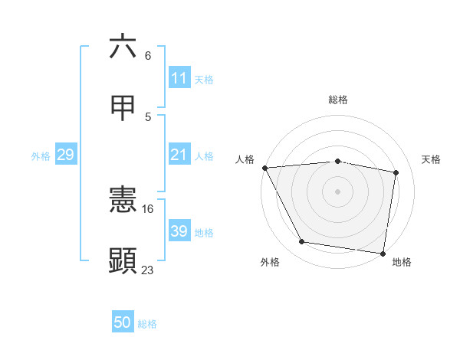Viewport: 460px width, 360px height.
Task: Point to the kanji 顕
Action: (123, 261)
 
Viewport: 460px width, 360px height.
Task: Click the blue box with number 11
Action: (179, 78)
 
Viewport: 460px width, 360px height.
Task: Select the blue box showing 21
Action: (179, 155)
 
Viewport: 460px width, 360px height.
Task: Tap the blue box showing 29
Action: (66, 155)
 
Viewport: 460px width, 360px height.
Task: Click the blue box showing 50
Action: (123, 323)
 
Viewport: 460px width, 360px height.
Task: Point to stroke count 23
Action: (148, 270)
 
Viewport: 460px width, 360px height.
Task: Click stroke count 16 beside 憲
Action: (148, 208)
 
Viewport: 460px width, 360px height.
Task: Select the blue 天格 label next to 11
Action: (204, 79)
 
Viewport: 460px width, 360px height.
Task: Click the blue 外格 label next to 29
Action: (41, 156)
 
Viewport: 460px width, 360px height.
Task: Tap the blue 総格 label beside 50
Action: (147, 324)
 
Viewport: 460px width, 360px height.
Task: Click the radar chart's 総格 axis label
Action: (337, 100)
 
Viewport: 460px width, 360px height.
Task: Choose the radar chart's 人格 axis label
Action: (245, 159)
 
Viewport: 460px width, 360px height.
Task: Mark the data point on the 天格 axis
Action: (396, 172)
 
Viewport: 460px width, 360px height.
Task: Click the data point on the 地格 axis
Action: (383, 253)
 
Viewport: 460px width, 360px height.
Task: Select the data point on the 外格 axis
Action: (301, 243)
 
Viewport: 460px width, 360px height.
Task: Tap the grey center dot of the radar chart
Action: (337, 191)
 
